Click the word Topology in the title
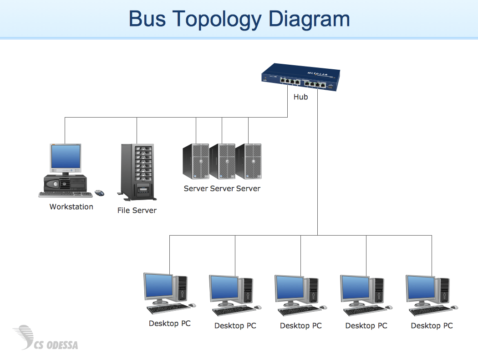point(217,19)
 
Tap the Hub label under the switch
point(300,97)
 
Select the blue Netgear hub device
point(301,77)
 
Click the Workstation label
point(71,206)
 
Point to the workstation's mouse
point(99,193)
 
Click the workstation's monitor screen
point(65,157)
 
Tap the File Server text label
point(137,210)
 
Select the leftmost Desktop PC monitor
point(158,287)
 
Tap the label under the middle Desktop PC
point(300,325)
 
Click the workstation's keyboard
point(66,195)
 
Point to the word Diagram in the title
point(309,19)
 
